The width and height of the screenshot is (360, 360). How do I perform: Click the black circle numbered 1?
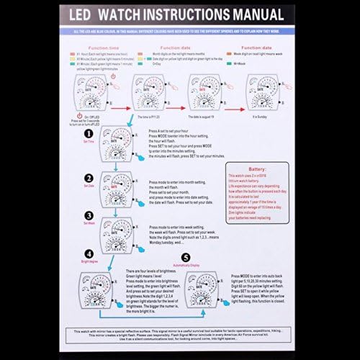pyautogui.click(x=89, y=134)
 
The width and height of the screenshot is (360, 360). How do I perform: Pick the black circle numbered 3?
pyautogui.click(x=89, y=215)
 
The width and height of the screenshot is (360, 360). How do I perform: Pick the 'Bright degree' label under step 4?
pyautogui.click(x=89, y=261)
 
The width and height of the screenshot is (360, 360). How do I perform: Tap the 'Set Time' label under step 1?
pyautogui.click(x=89, y=143)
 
